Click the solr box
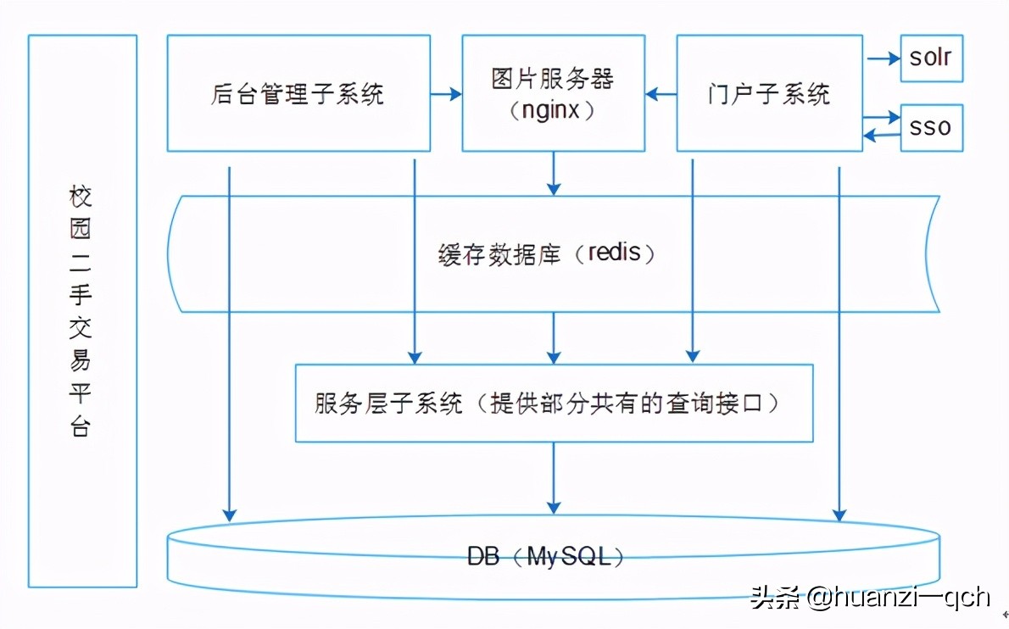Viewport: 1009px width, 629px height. coord(930,58)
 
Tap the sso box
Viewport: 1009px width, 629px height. coord(930,128)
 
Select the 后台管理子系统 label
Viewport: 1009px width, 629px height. coord(296,94)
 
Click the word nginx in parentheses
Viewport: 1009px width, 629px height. coord(552,110)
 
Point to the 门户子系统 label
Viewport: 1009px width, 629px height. coord(769,94)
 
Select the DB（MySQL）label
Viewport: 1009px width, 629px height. coord(547,556)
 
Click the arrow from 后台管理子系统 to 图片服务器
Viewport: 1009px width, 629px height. coord(444,94)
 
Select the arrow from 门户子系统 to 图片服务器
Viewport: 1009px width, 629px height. coord(661,94)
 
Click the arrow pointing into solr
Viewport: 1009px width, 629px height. coord(882,58)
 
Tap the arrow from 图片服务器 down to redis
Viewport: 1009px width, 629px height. coord(553,174)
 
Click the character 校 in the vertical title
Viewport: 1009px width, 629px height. coord(81,198)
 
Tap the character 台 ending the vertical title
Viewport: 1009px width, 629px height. coord(81,425)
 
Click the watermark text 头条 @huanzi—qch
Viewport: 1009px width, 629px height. coord(869,597)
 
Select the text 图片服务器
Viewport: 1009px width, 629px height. coord(552,80)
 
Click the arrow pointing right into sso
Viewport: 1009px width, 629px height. coord(882,116)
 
